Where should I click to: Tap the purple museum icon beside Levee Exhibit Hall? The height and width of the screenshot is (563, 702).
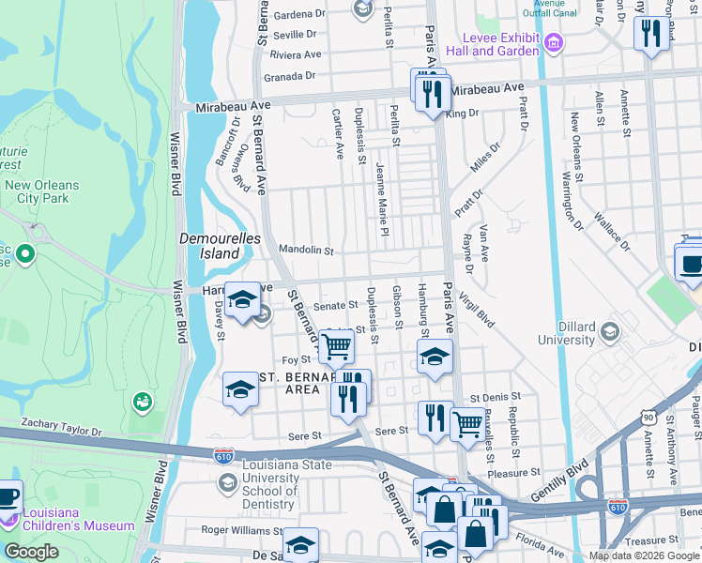(554, 43)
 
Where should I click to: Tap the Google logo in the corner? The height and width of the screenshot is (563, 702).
(31, 552)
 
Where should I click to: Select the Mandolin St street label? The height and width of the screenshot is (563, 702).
(306, 251)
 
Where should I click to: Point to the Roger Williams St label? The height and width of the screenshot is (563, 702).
(236, 529)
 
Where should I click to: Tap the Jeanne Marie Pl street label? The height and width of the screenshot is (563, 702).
(382, 198)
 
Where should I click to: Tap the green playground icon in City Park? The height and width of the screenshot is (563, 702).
(142, 402)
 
